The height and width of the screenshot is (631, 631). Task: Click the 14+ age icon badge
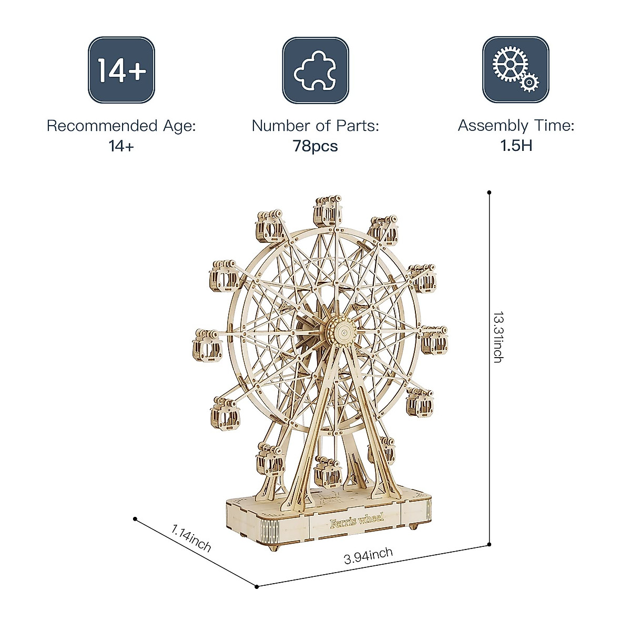pos(121,70)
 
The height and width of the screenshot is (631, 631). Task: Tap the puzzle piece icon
pos(315,70)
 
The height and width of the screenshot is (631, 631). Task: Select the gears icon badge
pos(515,70)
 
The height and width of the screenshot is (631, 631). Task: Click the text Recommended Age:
pos(121,126)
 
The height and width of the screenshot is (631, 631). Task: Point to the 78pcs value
pos(315,146)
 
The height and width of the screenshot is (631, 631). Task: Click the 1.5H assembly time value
pos(516,146)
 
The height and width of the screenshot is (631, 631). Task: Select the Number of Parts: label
pos(315,126)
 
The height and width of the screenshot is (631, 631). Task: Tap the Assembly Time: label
pos(516,126)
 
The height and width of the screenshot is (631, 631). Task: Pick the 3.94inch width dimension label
pos(369,556)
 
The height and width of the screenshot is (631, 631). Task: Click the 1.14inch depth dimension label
pos(191,538)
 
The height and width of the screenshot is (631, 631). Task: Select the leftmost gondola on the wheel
pos(207,344)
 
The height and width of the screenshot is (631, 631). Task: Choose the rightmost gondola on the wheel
pos(434,340)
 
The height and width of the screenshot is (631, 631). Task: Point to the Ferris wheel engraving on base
pos(357,520)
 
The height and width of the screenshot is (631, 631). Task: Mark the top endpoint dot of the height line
pos(490,192)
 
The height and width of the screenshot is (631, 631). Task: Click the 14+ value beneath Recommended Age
pos(121,146)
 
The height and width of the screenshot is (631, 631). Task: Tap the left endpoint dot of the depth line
pos(135,518)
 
